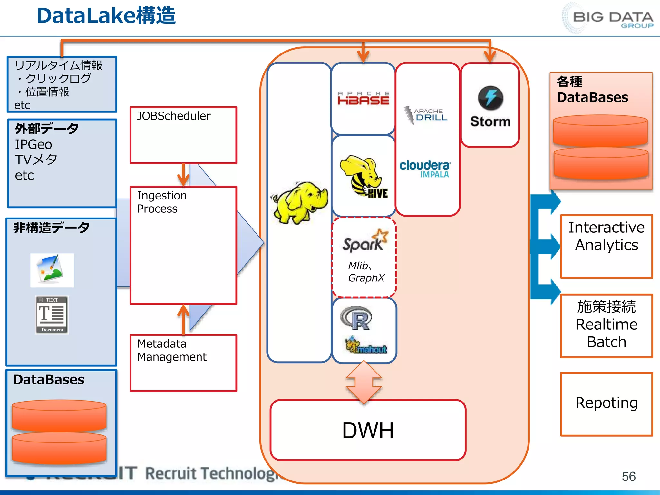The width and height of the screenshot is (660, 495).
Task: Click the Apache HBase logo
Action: [363, 98]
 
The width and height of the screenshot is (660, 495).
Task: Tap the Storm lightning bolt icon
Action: [490, 98]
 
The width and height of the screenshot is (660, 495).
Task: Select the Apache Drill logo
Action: [426, 115]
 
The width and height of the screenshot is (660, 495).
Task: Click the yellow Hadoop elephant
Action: [300, 202]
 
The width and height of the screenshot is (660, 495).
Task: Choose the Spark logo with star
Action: [365, 241]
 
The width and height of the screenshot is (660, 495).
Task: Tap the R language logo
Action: [356, 318]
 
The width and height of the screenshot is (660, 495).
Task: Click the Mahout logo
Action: [366, 345]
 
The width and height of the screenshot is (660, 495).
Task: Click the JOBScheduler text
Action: [174, 116]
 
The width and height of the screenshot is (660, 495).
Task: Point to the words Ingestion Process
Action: [161, 202]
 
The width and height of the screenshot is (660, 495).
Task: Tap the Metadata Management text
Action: [171, 350]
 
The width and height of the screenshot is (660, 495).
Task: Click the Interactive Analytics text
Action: [606, 236]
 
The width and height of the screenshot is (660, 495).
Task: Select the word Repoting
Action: [606, 403]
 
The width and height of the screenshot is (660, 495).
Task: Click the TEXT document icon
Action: [52, 315]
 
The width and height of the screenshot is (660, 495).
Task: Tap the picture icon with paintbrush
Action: [52, 270]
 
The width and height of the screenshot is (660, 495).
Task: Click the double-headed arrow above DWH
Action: [364, 383]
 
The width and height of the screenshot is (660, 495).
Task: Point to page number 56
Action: [628, 476]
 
